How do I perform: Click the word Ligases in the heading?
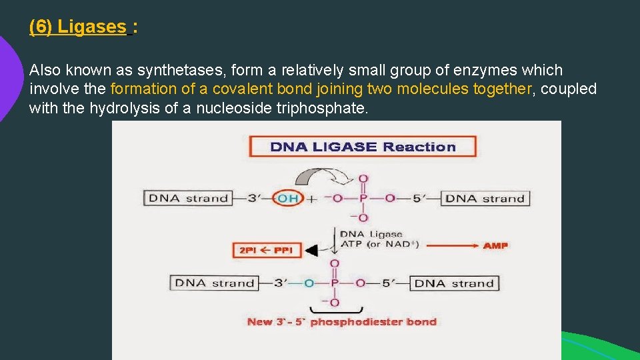click(91, 27)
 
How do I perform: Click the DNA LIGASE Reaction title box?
click(363, 147)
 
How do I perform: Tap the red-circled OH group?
click(288, 198)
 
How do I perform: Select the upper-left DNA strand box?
click(188, 198)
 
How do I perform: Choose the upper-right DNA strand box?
click(485, 198)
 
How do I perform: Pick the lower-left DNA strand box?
click(215, 283)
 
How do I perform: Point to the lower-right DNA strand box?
click(454, 283)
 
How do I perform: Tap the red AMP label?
click(495, 245)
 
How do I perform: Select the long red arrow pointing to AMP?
click(452, 245)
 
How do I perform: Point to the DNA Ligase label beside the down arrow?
click(371, 234)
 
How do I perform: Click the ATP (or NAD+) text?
click(379, 244)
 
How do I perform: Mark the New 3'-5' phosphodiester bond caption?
click(341, 322)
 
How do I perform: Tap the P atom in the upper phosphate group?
click(363, 198)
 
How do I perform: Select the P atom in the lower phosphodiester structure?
click(335, 283)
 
